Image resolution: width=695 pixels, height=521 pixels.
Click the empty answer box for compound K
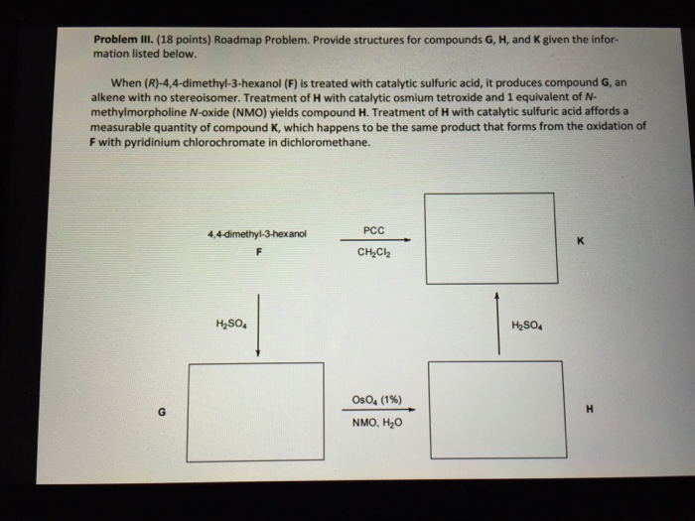[489, 237]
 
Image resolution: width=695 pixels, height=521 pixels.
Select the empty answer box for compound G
[255, 411]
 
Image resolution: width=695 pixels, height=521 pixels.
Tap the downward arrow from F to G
[258, 323]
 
